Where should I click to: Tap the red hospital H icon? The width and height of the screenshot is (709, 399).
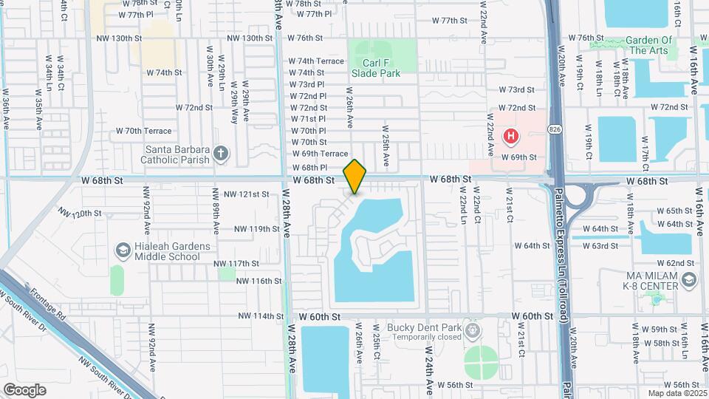click(x=510, y=137)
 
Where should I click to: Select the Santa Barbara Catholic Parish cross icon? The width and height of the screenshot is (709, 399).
click(x=219, y=154)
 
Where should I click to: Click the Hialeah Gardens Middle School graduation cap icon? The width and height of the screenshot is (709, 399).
click(x=120, y=251)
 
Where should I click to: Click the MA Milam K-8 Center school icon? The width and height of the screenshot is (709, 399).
click(x=688, y=279)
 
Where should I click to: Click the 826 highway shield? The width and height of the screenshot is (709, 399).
click(x=554, y=129)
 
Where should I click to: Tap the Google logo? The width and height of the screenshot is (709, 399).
click(x=24, y=389)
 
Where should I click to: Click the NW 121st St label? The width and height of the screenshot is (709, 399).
click(x=246, y=194)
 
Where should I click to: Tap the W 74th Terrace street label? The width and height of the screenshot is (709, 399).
click(x=316, y=61)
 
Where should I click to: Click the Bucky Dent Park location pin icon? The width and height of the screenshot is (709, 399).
click(x=473, y=327)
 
